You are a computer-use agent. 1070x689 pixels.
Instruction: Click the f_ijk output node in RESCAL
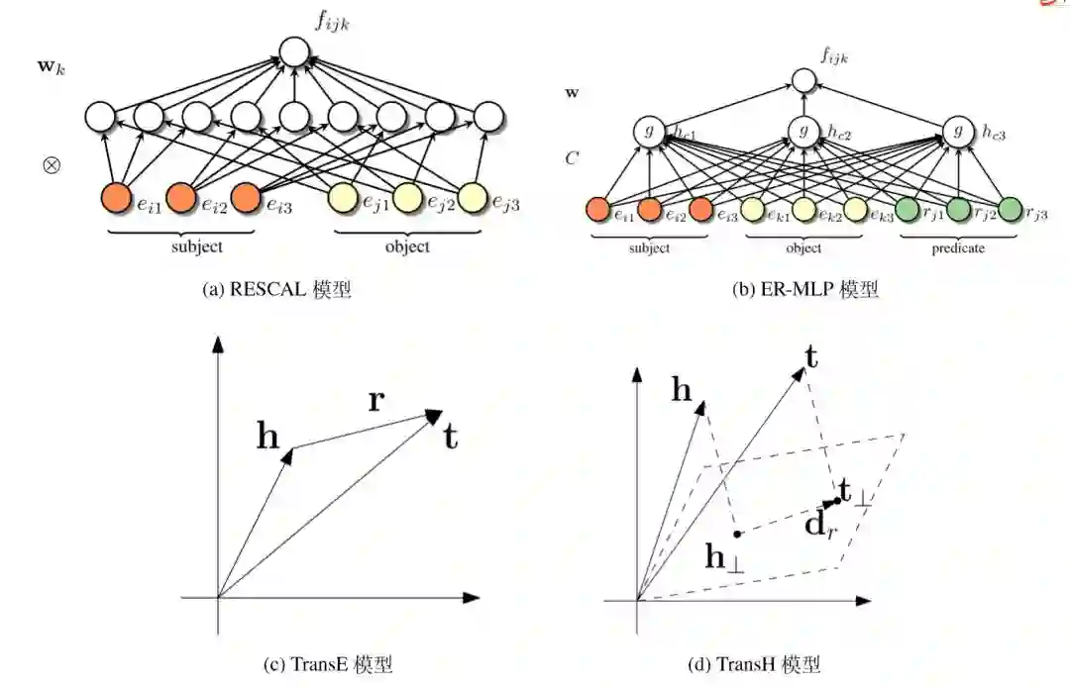tap(294, 52)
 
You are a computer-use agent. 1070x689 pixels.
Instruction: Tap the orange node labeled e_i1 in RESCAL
tap(117, 198)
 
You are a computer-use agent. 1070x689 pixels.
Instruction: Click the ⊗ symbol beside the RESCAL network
tap(52, 164)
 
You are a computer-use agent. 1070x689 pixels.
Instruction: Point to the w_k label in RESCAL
tap(52, 71)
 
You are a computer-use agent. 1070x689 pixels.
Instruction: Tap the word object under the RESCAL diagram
tap(407, 246)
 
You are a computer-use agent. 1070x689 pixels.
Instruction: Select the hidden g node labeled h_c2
tap(802, 130)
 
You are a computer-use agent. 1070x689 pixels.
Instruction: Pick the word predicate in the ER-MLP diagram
tap(957, 248)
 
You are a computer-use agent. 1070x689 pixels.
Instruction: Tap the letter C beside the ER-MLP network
tap(572, 156)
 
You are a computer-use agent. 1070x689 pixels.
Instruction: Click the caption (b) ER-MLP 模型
tap(804, 289)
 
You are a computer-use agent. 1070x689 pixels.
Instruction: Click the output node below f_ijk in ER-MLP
tap(802, 82)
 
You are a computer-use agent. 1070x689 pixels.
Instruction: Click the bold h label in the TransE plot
tap(267, 437)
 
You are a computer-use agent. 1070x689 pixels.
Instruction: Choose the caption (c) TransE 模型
tap(327, 664)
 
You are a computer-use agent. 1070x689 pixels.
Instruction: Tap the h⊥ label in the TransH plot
tap(724, 557)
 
